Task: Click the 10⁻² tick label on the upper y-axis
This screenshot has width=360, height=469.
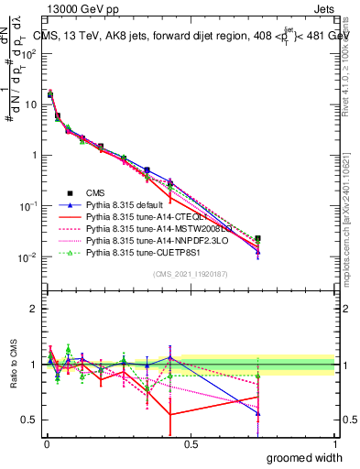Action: pyautogui.click(x=30, y=256)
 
